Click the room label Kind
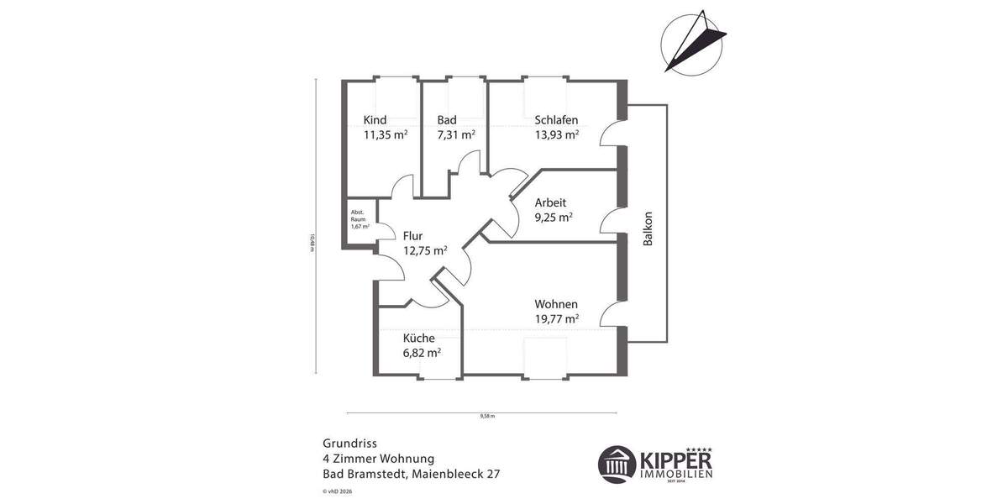coord(375,120)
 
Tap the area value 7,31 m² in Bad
coord(456,134)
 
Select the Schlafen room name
coord(556,120)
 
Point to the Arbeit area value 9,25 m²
coord(554,217)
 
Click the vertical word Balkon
coord(648,227)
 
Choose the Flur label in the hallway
coord(413,236)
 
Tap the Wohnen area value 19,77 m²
coord(557,318)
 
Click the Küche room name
coord(418,339)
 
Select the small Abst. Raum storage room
coord(359,221)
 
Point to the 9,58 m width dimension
coord(487,416)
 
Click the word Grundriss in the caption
coord(349,443)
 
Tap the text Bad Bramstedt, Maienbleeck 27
coord(411,475)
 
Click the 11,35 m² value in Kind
coord(385,134)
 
